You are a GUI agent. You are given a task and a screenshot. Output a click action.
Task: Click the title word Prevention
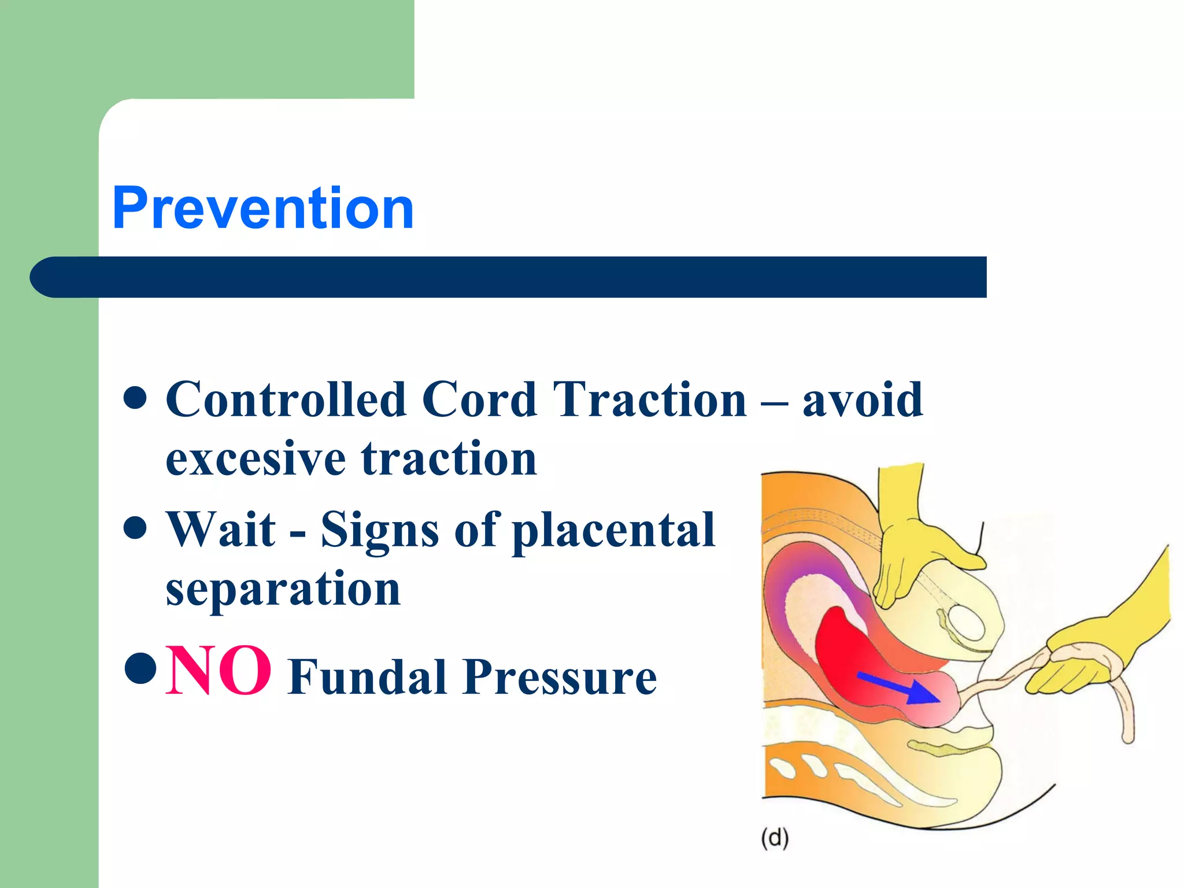tap(263, 208)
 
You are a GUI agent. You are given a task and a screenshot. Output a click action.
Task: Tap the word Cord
tap(479, 399)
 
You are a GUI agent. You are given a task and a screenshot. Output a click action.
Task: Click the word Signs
tap(379, 530)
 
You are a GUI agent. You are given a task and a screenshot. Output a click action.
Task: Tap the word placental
tap(614, 530)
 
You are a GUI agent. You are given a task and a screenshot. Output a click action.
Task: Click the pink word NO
tap(218, 671)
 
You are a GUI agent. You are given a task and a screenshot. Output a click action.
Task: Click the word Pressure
tap(559, 676)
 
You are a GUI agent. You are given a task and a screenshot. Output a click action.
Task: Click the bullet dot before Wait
tap(135, 528)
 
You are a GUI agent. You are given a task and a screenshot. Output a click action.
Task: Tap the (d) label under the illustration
tap(775, 838)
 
